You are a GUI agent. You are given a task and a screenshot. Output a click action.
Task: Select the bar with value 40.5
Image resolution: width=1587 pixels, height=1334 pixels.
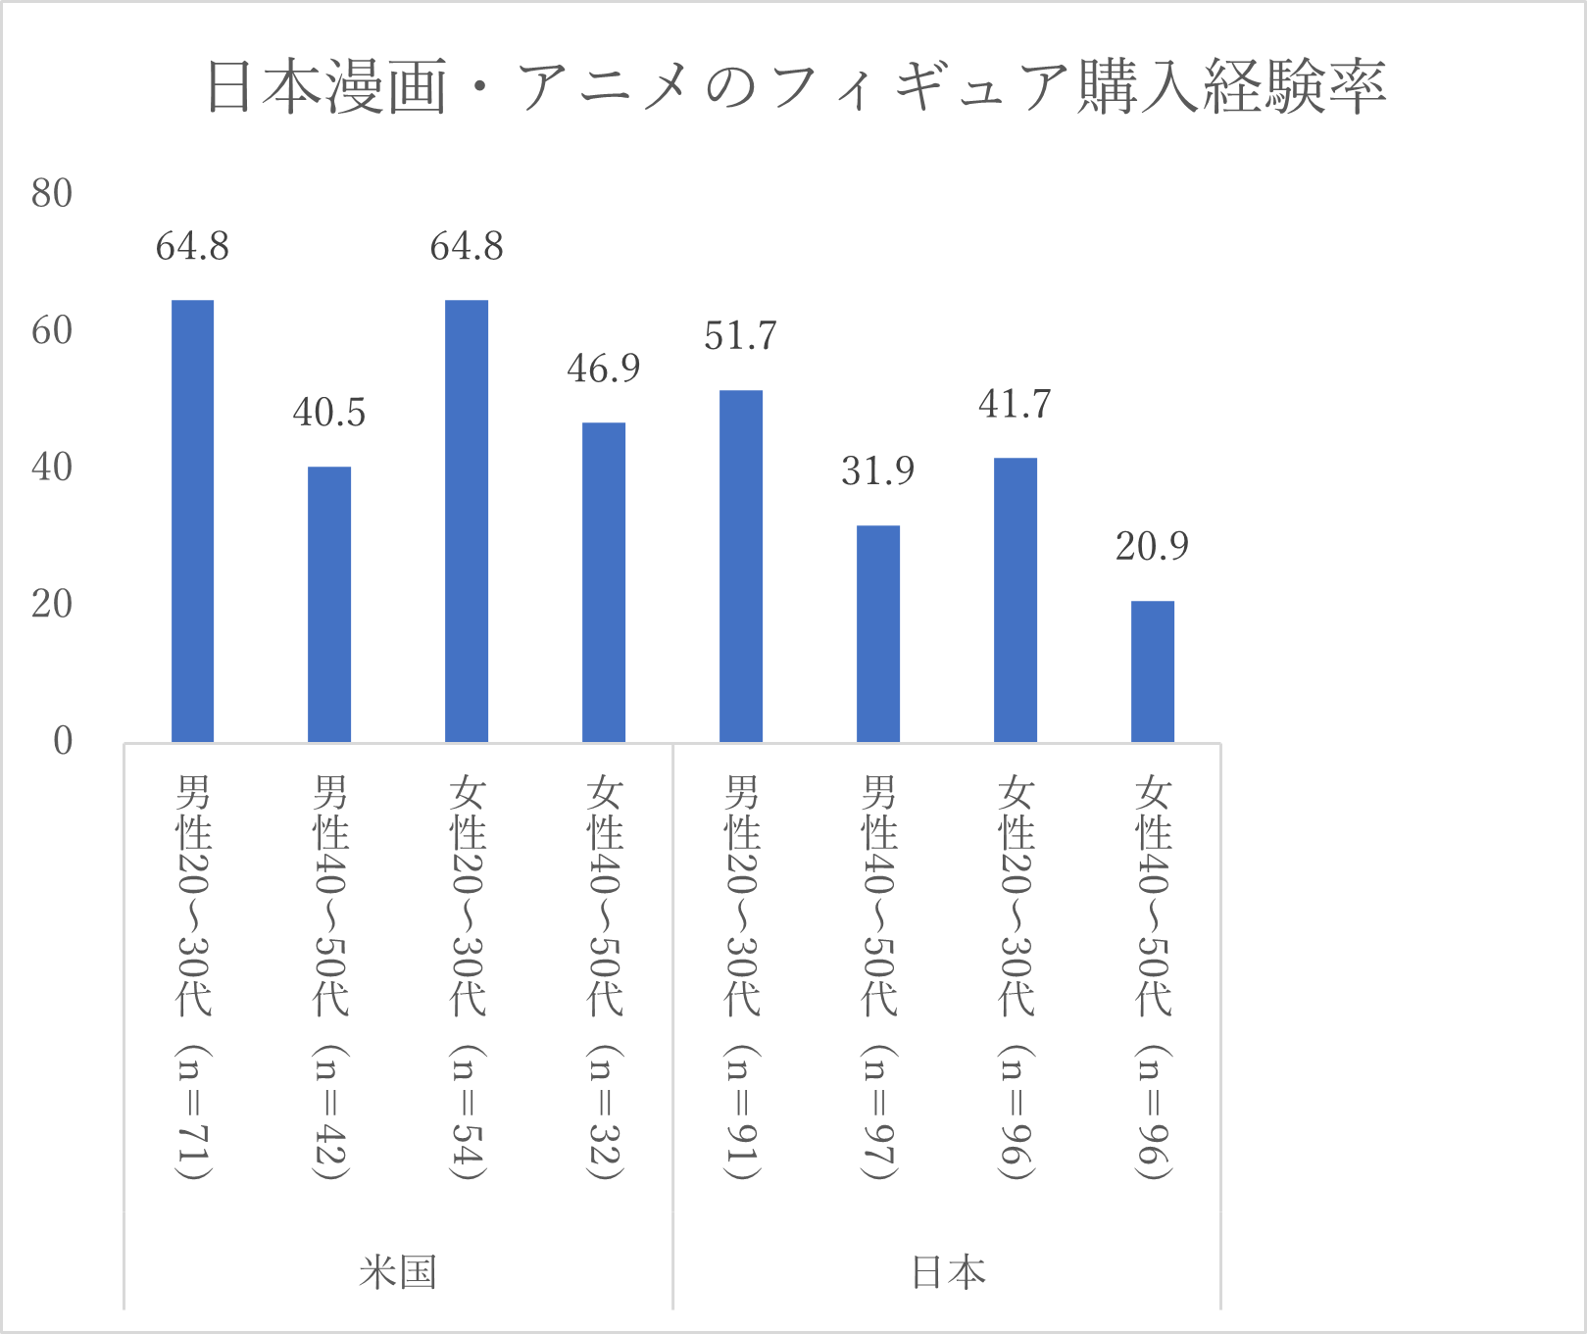pyautogui.click(x=329, y=604)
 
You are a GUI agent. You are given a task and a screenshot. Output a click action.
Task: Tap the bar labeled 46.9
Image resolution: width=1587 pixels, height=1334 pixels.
pyautogui.click(x=604, y=582)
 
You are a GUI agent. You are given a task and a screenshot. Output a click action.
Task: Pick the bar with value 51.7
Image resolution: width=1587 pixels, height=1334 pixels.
pyautogui.click(x=741, y=566)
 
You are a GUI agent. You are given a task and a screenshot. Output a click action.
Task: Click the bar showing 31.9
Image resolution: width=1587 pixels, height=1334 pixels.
pyautogui.click(x=878, y=633)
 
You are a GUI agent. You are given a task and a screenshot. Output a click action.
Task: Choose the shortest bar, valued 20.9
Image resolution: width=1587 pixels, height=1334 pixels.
pyautogui.click(x=1153, y=671)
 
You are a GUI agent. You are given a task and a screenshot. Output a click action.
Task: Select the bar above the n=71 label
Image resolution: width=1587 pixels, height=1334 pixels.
pyautogui.click(x=192, y=520)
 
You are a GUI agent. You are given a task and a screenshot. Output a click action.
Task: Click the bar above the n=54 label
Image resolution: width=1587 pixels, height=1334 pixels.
pyautogui.click(x=467, y=520)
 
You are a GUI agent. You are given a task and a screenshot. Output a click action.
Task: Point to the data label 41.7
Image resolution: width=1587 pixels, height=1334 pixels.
pyautogui.click(x=1015, y=404)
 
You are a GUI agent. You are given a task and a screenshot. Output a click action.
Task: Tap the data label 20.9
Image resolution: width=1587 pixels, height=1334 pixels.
pyautogui.click(x=1152, y=546)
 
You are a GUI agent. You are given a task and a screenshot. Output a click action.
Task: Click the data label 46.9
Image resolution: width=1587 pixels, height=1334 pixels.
pyautogui.click(x=603, y=369)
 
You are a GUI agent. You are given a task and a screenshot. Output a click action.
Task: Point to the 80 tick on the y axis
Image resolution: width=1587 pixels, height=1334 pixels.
pyautogui.click(x=52, y=194)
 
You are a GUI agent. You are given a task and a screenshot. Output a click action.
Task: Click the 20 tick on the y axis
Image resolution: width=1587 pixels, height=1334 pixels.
pyautogui.click(x=52, y=605)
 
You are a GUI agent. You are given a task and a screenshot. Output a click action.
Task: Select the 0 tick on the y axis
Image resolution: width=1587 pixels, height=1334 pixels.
pyautogui.click(x=63, y=741)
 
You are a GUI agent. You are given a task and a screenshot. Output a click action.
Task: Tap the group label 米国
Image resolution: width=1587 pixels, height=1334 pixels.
pyautogui.click(x=397, y=1272)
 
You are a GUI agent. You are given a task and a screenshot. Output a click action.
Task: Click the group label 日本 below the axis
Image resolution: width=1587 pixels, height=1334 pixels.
pyautogui.click(x=948, y=1272)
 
